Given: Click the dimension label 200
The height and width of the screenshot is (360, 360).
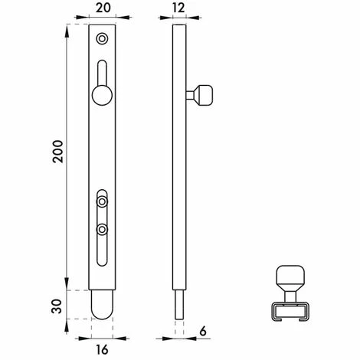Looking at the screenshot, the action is click(58, 151).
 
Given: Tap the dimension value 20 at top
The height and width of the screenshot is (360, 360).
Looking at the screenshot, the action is click(103, 8).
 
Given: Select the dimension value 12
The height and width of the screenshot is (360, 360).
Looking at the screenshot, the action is click(178, 8).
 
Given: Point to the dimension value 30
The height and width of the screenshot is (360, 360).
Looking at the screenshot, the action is click(57, 306).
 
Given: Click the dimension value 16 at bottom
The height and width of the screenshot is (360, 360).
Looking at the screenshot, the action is click(102, 349).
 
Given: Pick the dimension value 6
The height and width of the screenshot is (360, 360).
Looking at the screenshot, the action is click(203, 331).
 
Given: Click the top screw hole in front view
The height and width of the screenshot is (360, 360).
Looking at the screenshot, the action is click(102, 39).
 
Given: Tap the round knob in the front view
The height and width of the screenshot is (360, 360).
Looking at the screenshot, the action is click(102, 95).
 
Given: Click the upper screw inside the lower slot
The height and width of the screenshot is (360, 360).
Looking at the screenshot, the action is click(102, 201).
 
